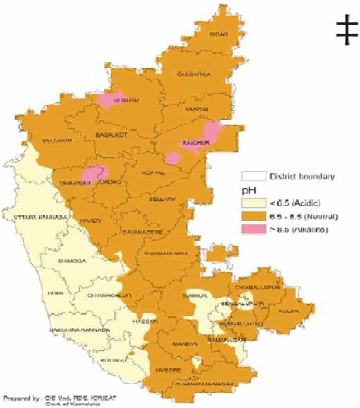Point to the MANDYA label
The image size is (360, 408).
coord(188,343)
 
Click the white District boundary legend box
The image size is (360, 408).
coord(254,175)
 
